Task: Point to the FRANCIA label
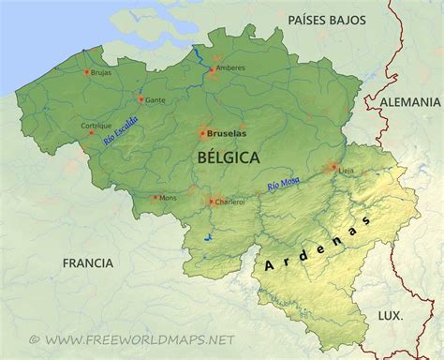(x=89, y=263)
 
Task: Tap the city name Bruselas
(x=226, y=134)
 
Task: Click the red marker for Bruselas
(x=202, y=134)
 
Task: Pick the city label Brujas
(x=102, y=71)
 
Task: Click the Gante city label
(x=155, y=99)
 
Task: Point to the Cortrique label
(x=96, y=126)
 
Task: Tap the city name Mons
(x=168, y=198)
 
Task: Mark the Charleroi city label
(x=229, y=201)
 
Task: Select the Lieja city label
(x=348, y=171)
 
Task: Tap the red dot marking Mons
(x=155, y=197)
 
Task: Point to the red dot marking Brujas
(x=87, y=71)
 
